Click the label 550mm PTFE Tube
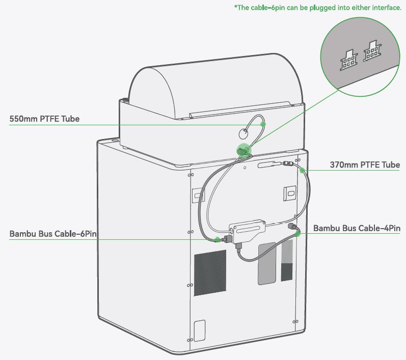(x=44, y=119)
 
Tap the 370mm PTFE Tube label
(x=365, y=164)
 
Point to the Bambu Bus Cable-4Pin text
(x=357, y=228)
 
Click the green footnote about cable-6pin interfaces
(x=317, y=8)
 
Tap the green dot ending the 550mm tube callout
(x=263, y=124)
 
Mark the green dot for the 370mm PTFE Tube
(x=302, y=170)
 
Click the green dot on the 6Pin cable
(x=218, y=239)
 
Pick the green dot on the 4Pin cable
(x=298, y=233)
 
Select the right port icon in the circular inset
(x=372, y=51)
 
